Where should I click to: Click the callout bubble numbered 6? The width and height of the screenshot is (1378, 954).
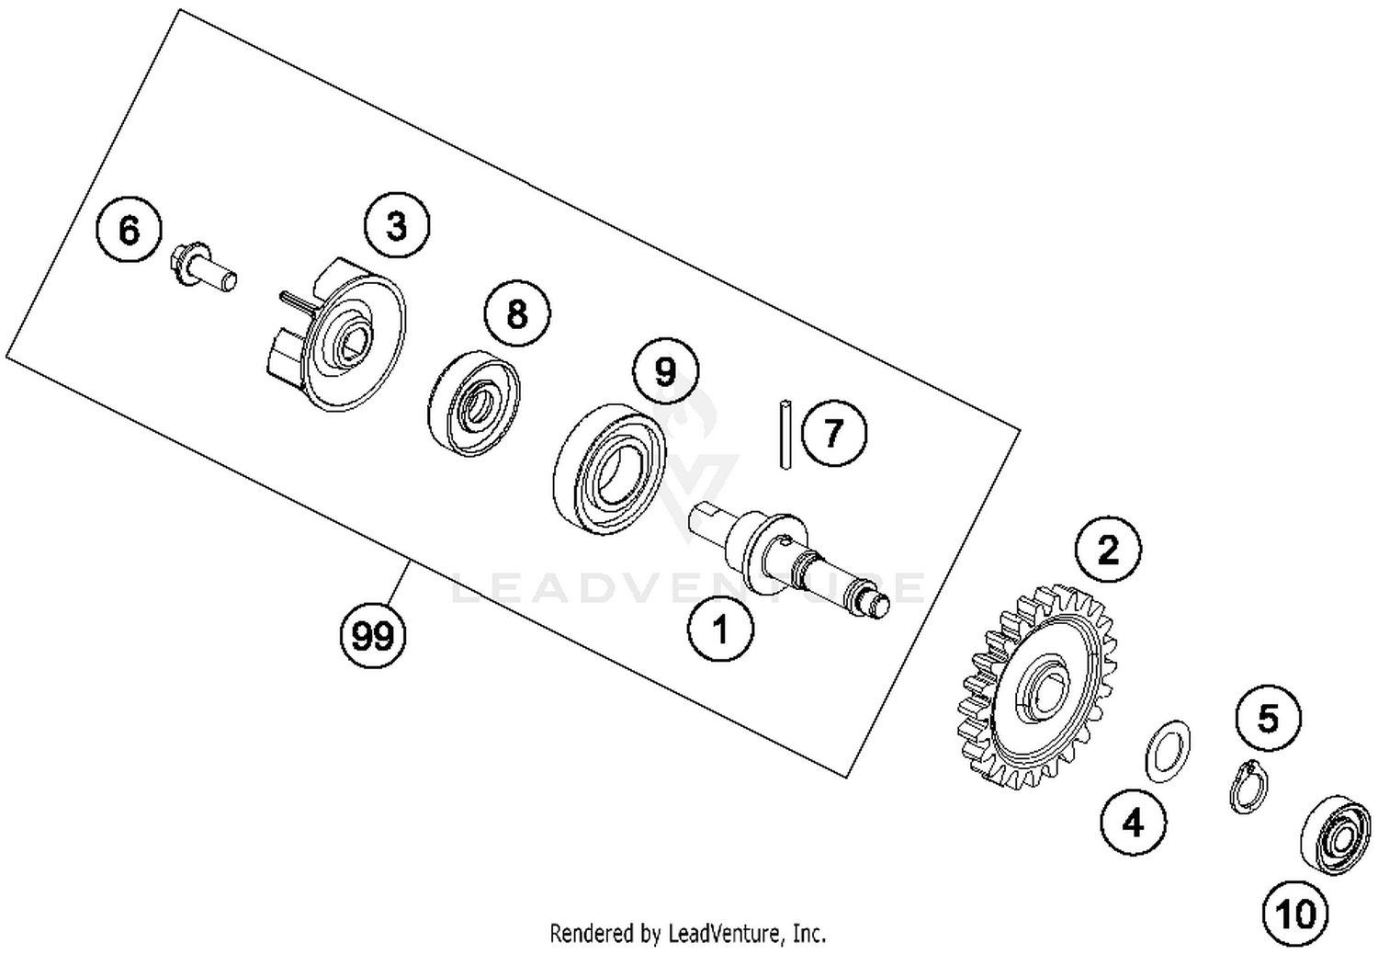[130, 230]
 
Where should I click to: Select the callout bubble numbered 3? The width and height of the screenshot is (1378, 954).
[397, 225]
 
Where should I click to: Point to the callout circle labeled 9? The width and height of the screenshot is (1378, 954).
[665, 371]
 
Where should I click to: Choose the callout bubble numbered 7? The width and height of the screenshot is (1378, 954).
[833, 432]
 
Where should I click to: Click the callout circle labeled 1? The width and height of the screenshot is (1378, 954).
[721, 630]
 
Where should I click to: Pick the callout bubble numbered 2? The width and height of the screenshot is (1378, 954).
[1109, 550]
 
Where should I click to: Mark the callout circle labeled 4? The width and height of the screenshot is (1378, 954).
[1134, 822]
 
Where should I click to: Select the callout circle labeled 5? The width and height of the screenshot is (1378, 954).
[1268, 718]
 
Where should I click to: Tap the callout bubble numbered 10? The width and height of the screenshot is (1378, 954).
[1295, 914]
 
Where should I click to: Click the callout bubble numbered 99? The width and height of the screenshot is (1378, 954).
[373, 635]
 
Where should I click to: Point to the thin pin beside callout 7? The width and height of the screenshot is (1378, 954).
[785, 434]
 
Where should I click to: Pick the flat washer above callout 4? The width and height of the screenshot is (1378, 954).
[1168, 748]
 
